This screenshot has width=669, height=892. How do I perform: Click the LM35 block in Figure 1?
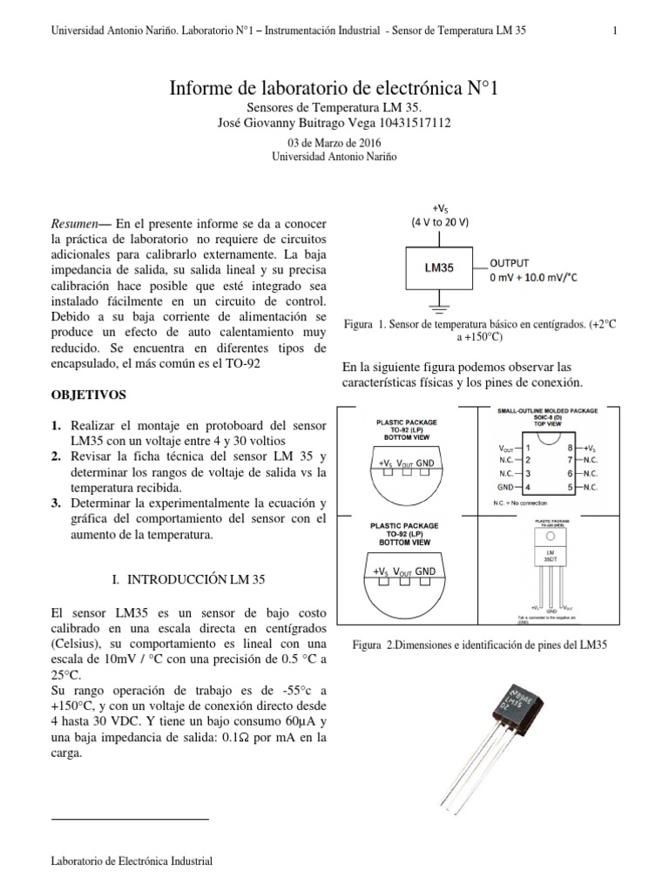(439, 269)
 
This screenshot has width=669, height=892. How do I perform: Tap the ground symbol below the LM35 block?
(439, 306)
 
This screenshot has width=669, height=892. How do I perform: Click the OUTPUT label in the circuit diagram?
(510, 262)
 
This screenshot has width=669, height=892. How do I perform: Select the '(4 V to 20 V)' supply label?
(440, 221)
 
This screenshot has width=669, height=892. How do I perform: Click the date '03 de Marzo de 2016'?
(334, 142)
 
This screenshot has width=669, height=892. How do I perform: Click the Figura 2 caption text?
(478, 645)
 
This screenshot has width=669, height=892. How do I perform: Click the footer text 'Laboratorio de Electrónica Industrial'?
(132, 862)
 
